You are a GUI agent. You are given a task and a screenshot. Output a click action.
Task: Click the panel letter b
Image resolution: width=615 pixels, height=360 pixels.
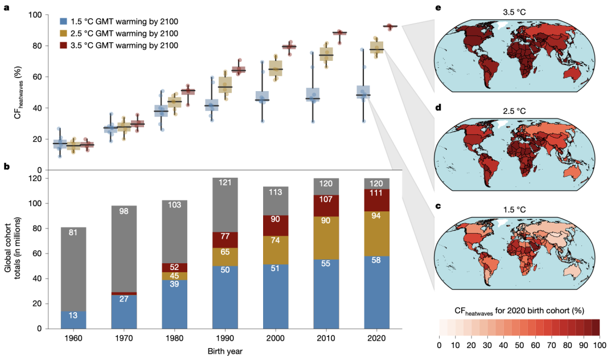click(6, 167)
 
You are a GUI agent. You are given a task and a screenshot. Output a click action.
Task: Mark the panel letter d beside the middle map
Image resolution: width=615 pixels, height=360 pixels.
click(437, 108)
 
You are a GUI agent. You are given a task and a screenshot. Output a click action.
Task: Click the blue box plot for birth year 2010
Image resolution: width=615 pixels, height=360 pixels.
click(312, 95)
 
